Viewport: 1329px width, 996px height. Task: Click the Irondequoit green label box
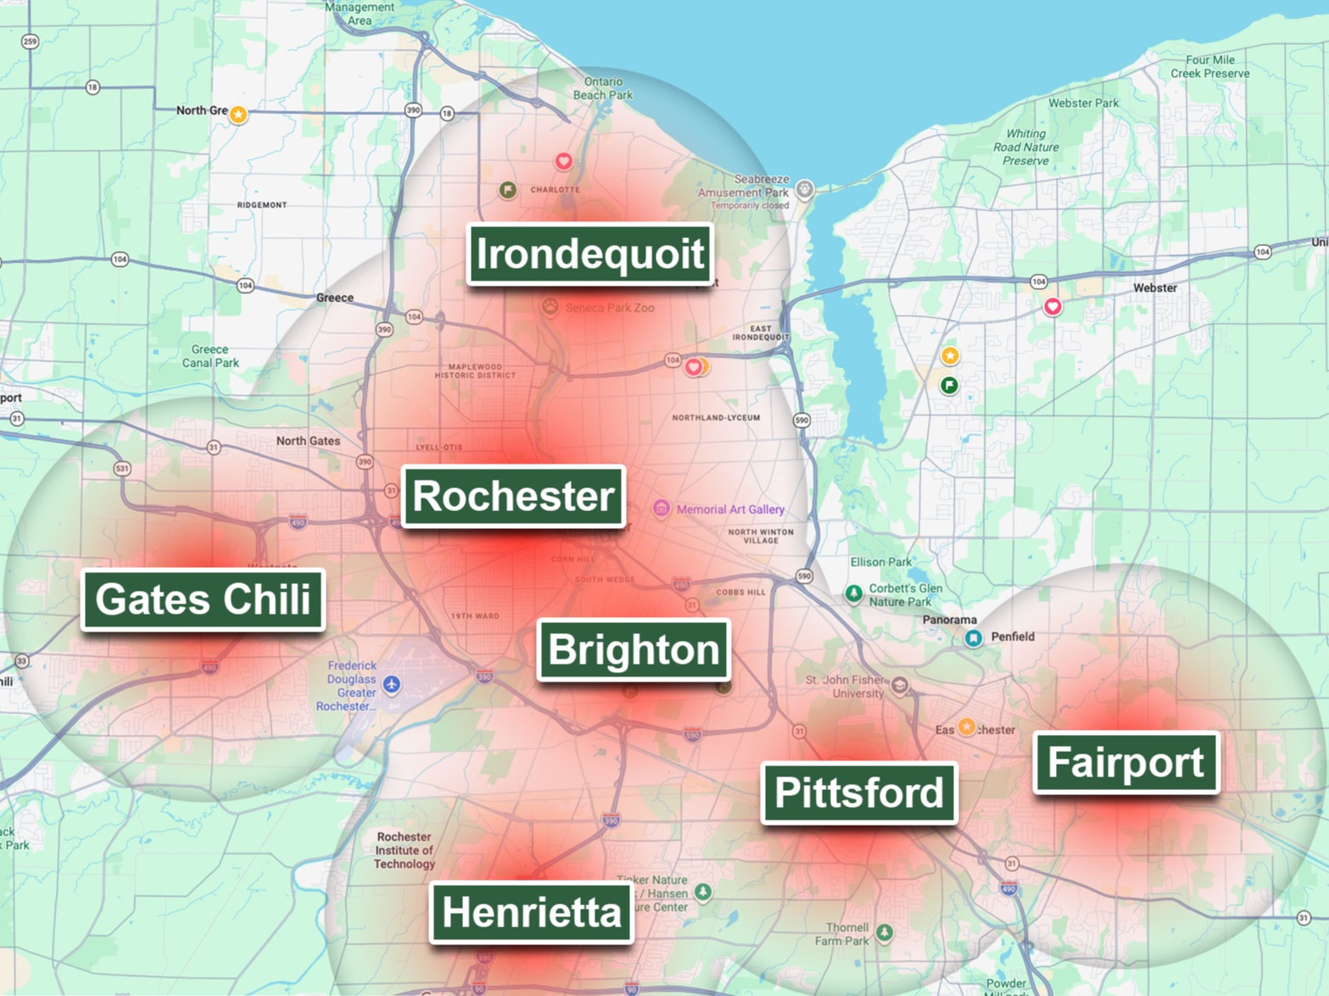point(589,253)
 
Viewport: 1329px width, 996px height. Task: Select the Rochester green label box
point(513,496)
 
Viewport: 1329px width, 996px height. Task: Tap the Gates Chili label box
point(203,599)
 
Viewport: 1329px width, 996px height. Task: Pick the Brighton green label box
point(634,650)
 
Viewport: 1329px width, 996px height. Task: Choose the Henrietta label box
point(532,912)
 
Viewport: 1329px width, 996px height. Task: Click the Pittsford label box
point(858,793)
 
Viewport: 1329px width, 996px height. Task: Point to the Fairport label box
point(1125,762)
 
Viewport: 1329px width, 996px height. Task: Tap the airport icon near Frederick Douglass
point(391,684)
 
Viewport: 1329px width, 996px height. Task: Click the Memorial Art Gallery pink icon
point(661,509)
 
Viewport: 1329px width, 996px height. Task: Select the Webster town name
point(1154,288)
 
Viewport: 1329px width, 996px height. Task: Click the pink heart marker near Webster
point(1053,306)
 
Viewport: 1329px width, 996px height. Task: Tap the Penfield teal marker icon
point(974,637)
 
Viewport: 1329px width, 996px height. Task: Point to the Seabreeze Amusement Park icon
point(805,189)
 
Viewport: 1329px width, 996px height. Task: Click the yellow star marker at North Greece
point(238,114)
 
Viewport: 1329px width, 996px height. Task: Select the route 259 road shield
point(30,42)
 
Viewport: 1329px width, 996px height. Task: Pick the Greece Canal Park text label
point(210,356)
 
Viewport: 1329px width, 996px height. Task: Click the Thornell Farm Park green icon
point(885,932)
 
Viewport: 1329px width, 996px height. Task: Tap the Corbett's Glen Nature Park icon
point(854,593)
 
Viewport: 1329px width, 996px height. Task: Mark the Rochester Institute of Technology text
point(405,850)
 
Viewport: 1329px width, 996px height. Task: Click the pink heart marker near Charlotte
point(563,161)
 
